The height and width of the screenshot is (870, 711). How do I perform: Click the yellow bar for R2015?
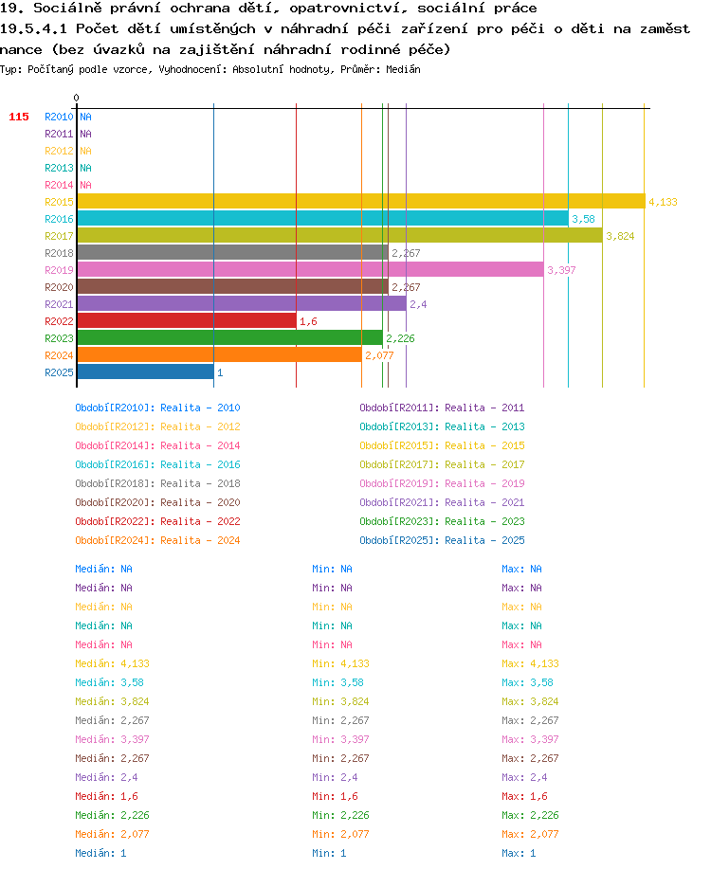coord(361,202)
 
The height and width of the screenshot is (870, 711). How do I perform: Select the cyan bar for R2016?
coord(323,219)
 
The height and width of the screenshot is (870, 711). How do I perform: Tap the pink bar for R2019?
coord(311,270)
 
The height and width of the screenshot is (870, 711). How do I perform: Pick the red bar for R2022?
coord(187,320)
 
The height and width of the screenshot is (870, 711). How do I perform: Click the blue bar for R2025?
coord(146,372)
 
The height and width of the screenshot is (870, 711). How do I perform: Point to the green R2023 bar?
coord(230,338)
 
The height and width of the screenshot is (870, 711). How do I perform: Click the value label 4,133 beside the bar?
coord(664,202)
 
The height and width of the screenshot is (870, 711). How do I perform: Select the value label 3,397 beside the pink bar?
coord(562,270)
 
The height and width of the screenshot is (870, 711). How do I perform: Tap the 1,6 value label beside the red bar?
coord(309,321)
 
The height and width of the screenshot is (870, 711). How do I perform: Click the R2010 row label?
coord(59,117)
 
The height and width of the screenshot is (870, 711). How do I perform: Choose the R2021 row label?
coord(59,304)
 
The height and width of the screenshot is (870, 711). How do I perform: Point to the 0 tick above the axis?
coord(77,98)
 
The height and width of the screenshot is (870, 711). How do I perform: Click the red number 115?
coord(19,117)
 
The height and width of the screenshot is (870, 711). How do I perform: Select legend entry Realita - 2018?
coord(200,483)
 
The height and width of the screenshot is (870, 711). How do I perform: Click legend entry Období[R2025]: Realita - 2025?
coord(443,540)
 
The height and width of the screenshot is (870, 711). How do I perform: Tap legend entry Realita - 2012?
coord(200,426)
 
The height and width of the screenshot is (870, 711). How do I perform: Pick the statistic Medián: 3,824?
coord(113,701)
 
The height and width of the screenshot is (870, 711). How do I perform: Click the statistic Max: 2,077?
coord(531,834)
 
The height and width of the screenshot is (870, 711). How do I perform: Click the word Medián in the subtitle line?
coord(404,69)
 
